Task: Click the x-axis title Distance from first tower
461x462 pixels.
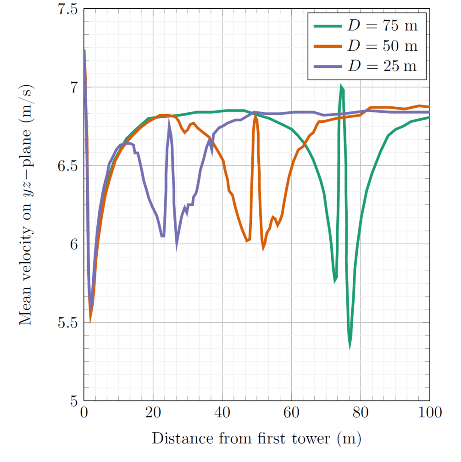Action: point(256,438)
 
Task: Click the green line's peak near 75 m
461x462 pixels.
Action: point(341,86)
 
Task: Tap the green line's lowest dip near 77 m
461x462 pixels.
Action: point(350,347)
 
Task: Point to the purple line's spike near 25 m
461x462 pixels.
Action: point(169,121)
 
